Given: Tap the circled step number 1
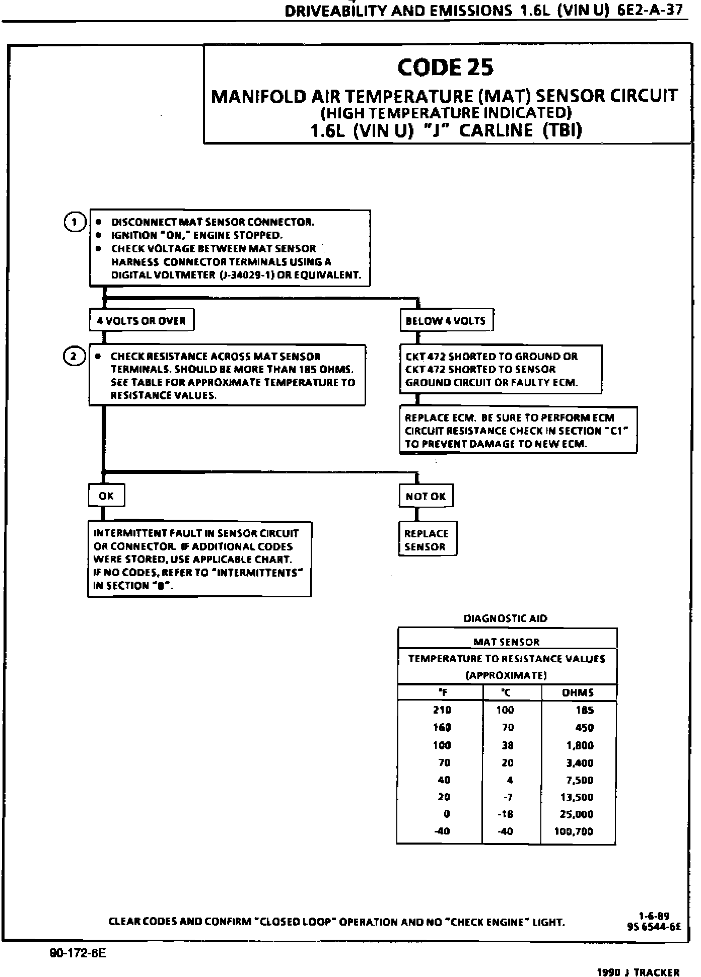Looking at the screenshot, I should click(x=75, y=222).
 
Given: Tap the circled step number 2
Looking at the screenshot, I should click(x=74, y=357).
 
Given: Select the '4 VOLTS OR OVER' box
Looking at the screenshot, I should click(x=142, y=321).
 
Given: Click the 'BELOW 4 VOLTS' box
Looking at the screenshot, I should click(x=446, y=321).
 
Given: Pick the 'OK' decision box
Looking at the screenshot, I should click(x=106, y=496).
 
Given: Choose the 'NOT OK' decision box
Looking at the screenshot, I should click(x=426, y=496).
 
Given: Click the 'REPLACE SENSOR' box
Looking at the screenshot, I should click(x=427, y=540).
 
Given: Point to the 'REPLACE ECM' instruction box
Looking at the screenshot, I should click(x=518, y=431).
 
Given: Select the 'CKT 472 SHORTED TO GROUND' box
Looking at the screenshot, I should click(x=501, y=369).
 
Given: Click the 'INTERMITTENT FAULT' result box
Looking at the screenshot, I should click(x=199, y=559).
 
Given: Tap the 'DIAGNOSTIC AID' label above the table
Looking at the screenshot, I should click(x=505, y=618).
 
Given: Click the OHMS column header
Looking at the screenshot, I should click(x=578, y=693).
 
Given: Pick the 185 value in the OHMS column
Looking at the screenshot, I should click(x=585, y=711).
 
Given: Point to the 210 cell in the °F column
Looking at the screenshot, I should click(x=442, y=711).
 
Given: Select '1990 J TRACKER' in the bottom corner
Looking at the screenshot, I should click(x=638, y=972).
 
